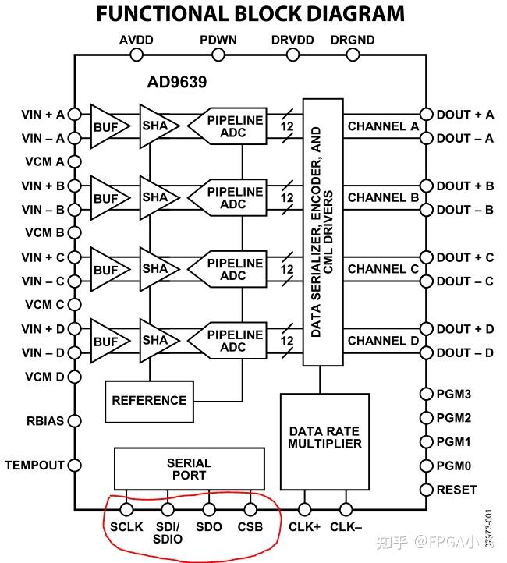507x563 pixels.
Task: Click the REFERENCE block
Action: pyautogui.click(x=150, y=402)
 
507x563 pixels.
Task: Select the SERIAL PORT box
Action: pyautogui.click(x=190, y=469)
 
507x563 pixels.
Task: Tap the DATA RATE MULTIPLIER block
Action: pyautogui.click(x=324, y=441)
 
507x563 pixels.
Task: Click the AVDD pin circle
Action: pyautogui.click(x=136, y=55)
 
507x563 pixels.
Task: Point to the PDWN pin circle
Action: pyautogui.click(x=218, y=55)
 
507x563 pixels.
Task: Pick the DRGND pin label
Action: pyautogui.click(x=353, y=40)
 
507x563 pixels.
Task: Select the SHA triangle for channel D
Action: pyautogui.click(x=159, y=341)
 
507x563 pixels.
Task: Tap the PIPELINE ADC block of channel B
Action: pyautogui.click(x=227, y=197)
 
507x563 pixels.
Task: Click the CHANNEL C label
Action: pyautogui.click(x=383, y=269)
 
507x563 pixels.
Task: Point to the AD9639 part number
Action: pyautogui.click(x=177, y=82)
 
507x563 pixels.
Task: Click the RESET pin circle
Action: pyautogui.click(x=426, y=490)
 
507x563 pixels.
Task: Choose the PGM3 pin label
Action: pyautogui.click(x=453, y=394)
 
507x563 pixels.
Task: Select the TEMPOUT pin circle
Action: pyautogui.click(x=75, y=466)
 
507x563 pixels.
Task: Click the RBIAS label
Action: pyautogui.click(x=45, y=421)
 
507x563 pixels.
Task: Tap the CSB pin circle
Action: pyautogui.click(x=250, y=509)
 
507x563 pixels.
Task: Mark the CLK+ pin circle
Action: pyautogui.click(x=304, y=509)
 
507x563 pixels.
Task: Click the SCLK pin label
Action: pyautogui.click(x=126, y=526)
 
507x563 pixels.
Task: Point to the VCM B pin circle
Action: pyautogui.click(x=75, y=232)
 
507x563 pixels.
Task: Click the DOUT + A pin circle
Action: pyautogui.click(x=426, y=114)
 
